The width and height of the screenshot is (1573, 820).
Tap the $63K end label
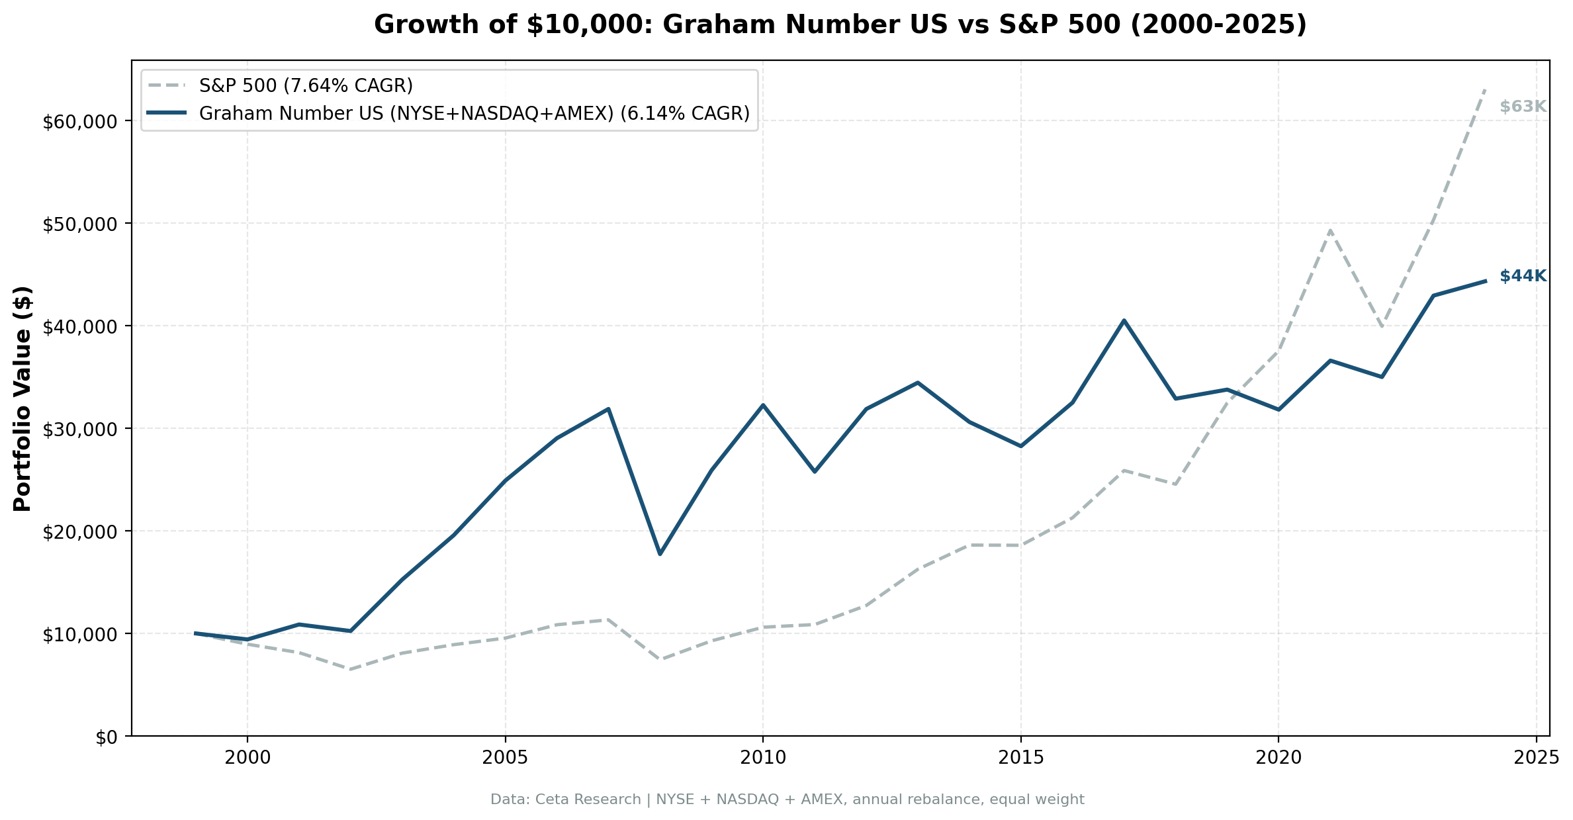click(1523, 107)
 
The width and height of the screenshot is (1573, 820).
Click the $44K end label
click(1523, 277)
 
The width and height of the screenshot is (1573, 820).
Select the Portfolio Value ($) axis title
click(22, 398)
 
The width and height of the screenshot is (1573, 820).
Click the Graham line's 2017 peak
click(1124, 320)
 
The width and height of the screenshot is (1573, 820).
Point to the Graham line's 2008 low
click(660, 553)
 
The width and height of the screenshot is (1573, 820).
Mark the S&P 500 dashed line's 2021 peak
click(1329, 230)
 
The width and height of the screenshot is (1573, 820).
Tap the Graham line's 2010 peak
click(763, 405)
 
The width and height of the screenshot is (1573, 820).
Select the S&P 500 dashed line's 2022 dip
click(1381, 327)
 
